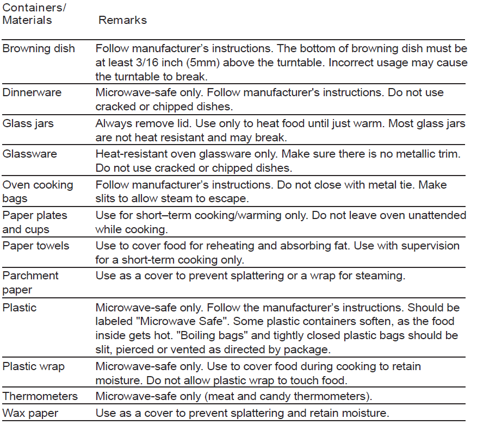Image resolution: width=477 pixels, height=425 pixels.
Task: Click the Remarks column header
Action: click(122, 20)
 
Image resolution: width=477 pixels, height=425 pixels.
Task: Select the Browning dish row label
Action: click(39, 48)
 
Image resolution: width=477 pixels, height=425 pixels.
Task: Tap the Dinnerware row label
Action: click(32, 92)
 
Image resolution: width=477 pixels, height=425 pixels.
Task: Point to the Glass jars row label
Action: click(28, 123)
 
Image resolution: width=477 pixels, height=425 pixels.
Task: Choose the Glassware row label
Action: click(29, 154)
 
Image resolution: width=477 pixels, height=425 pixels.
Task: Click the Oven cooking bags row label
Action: click(38, 191)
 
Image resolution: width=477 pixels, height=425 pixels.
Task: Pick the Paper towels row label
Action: click(36, 246)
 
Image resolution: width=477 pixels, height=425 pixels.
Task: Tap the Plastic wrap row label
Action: click(34, 366)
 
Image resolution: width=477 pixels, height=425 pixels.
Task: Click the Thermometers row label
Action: click(40, 396)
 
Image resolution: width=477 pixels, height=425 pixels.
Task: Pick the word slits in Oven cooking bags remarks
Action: click(107, 199)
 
